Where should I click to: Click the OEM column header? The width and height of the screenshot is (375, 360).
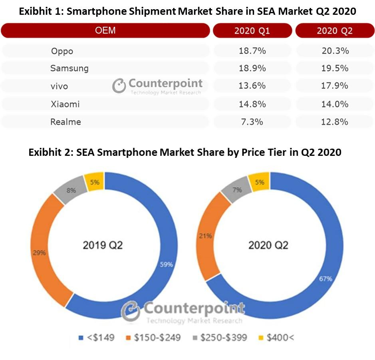(105, 31)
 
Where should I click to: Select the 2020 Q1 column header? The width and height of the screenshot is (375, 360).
(252, 31)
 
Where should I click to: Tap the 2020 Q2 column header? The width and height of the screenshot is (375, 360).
(334, 31)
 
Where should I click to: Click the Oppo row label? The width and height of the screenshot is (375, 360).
(62, 51)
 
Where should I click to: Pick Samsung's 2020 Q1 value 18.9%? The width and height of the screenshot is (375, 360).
(252, 68)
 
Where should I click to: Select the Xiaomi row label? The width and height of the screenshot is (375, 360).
(65, 104)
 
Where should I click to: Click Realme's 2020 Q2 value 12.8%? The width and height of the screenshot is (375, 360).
(335, 122)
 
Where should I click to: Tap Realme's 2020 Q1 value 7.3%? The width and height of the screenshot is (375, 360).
(252, 122)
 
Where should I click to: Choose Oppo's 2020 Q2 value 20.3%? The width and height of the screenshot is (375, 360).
(335, 51)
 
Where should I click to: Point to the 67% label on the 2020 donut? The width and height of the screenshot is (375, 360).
(325, 278)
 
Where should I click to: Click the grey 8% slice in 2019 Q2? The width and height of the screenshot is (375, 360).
(71, 191)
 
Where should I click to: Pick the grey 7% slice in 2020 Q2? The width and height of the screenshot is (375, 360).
(237, 190)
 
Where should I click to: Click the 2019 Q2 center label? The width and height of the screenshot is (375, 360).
(103, 245)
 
